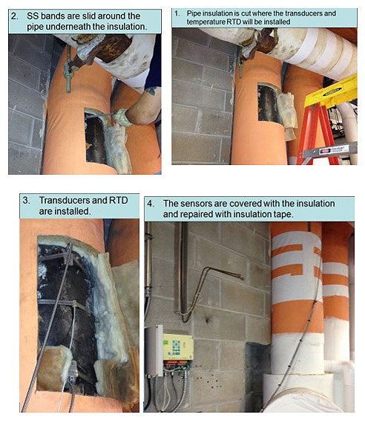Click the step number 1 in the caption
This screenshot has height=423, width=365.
(177, 13)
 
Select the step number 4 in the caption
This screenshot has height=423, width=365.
(151, 204)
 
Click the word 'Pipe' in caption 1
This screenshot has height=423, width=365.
(194, 13)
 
